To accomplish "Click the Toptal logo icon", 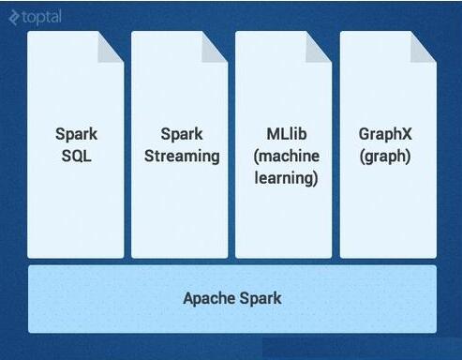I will coord(13,17).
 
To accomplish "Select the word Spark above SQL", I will coord(76,135).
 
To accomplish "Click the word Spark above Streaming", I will coord(182,135).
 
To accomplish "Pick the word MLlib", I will coord(286,135).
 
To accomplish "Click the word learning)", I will coord(286,177).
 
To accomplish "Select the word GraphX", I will coord(385,135).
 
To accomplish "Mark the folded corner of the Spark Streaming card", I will coord(216,44).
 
